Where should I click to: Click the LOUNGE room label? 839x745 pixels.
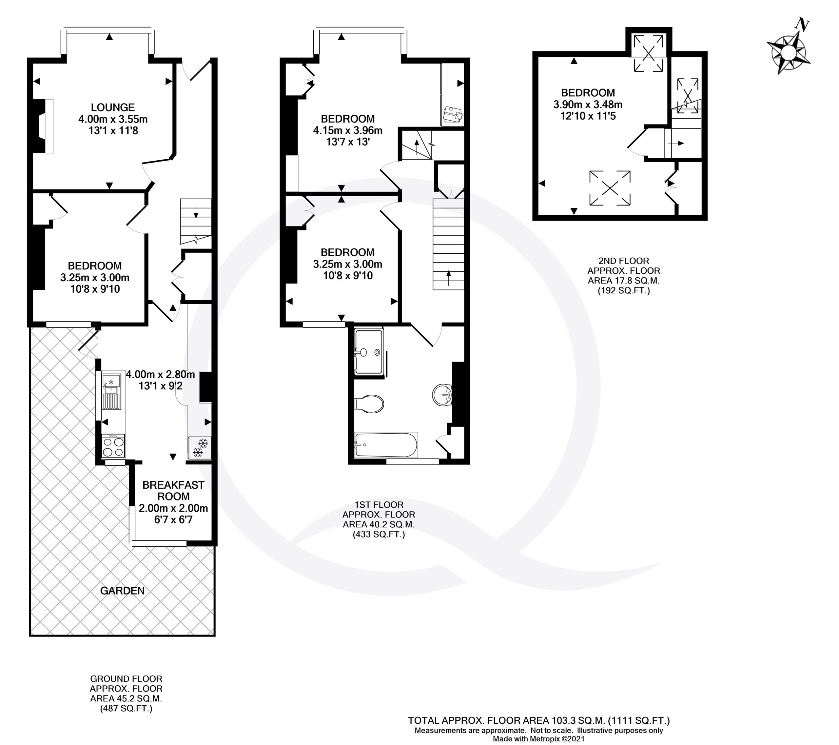[x=113, y=108]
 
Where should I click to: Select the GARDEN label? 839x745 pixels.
[x=122, y=591]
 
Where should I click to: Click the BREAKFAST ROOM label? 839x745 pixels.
[x=173, y=491]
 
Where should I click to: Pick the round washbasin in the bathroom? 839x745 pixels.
[x=442, y=395]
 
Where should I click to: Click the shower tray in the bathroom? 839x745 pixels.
[x=369, y=352]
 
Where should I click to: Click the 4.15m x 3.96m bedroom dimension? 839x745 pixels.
[x=348, y=130]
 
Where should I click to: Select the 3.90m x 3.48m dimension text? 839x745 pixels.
[x=588, y=105]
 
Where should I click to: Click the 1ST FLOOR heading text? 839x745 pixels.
[x=379, y=504]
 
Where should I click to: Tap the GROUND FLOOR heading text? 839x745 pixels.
[x=127, y=678]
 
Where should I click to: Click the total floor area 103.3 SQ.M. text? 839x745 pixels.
[x=539, y=720]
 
